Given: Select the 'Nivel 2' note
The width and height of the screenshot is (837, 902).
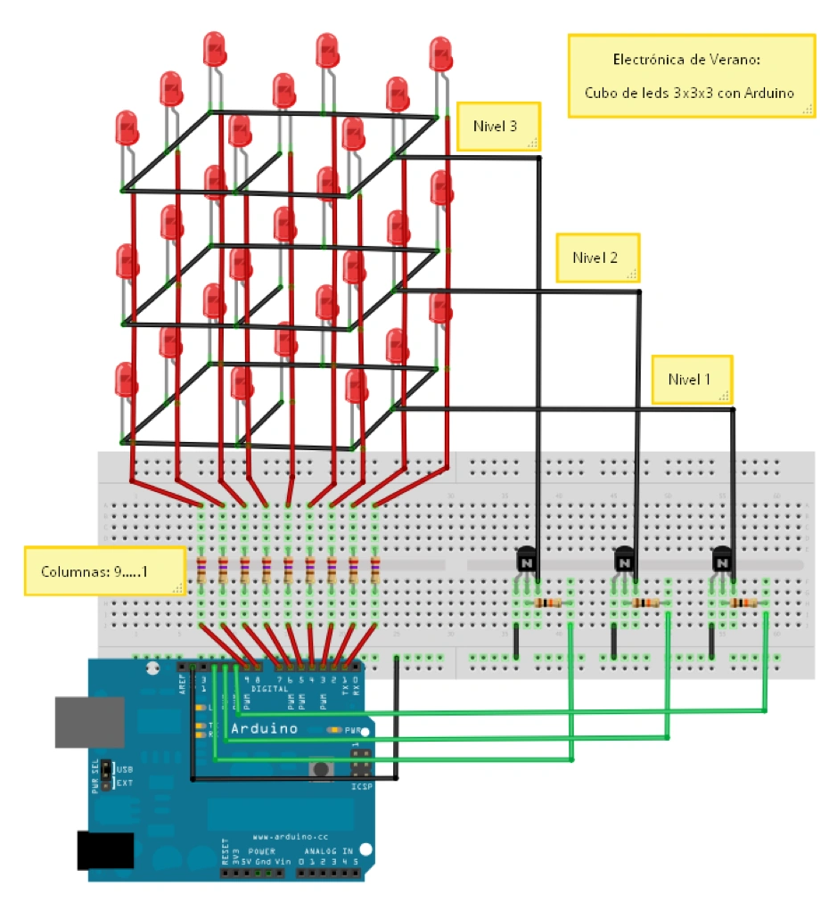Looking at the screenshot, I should [x=595, y=258].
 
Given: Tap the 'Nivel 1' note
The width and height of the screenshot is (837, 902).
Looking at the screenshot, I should [x=691, y=379].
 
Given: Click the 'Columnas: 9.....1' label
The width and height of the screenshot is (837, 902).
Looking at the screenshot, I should [x=102, y=570].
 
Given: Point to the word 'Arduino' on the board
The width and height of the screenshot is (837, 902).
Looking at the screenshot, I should [x=264, y=728].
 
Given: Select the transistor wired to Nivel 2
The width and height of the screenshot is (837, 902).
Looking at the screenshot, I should [x=626, y=562].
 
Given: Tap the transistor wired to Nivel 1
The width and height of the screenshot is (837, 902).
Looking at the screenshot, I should [x=723, y=562].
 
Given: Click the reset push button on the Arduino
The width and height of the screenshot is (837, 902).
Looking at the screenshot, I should [x=316, y=768].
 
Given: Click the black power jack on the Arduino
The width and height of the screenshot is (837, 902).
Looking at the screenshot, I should [x=104, y=850].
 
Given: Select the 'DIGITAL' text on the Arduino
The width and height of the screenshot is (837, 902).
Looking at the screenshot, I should [x=269, y=689].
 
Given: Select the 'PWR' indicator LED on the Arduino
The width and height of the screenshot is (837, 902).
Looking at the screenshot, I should [x=335, y=730].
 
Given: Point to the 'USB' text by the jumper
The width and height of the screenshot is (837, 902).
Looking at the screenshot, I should [x=123, y=768].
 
